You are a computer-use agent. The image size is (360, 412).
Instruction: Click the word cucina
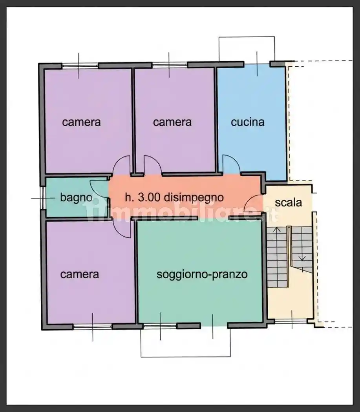click(x=247, y=122)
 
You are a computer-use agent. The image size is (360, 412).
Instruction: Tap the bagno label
click(x=76, y=197)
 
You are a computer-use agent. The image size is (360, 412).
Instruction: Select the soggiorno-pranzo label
click(x=202, y=274)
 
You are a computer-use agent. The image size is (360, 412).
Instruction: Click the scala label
click(x=288, y=202)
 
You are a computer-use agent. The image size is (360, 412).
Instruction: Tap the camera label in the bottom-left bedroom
click(x=79, y=274)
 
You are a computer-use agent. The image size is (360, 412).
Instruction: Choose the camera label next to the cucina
click(x=172, y=122)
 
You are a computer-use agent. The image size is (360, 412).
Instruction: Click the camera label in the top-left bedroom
click(x=81, y=122)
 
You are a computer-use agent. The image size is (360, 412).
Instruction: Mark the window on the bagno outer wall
click(x=43, y=198)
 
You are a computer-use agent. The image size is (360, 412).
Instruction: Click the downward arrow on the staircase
click(x=302, y=257)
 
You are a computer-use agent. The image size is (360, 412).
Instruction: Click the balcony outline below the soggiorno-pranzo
click(x=185, y=356)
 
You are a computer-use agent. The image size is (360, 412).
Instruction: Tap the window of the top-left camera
click(x=79, y=66)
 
